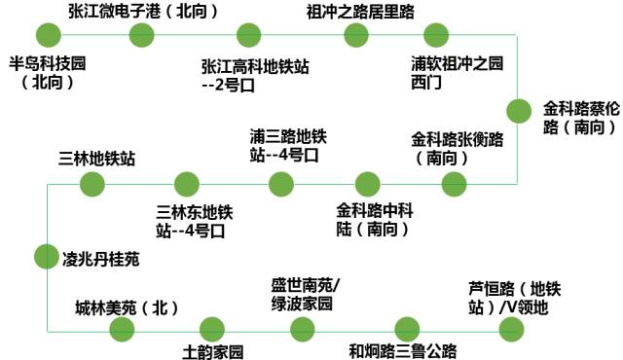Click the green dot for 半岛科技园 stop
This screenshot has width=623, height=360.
pos(47,36)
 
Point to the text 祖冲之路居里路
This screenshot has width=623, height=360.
pos(359,12)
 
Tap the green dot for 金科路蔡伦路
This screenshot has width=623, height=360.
pos(518,108)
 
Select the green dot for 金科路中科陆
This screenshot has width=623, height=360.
pos(368,183)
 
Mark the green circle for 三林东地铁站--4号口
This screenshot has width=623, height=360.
pos(186,183)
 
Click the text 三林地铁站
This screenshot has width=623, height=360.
pos(97,157)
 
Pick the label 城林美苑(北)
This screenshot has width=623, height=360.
pos(128,307)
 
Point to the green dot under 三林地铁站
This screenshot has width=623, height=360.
pos(92,183)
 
